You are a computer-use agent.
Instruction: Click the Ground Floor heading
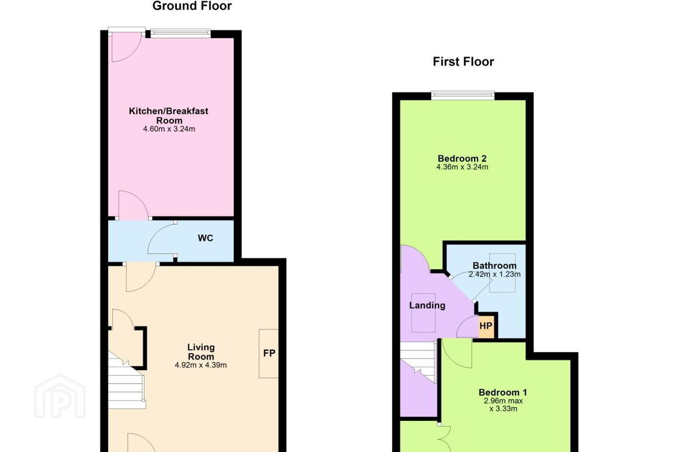(x=192, y=6)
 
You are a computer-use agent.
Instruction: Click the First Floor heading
(x=463, y=62)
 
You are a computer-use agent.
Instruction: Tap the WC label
(x=205, y=238)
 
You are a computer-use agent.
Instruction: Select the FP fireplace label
(x=269, y=353)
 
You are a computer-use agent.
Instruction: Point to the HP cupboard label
(x=486, y=326)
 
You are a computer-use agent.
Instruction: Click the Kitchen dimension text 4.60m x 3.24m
(x=169, y=129)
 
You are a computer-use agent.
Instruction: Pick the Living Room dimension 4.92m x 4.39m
(x=201, y=365)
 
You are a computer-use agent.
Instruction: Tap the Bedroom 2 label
(x=462, y=158)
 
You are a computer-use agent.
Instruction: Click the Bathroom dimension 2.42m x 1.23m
(x=494, y=274)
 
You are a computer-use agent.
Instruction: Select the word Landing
(x=427, y=305)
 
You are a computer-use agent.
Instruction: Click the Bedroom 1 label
(x=503, y=392)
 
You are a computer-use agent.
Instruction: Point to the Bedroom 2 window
(x=463, y=96)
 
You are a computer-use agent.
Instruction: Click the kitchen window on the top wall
(x=181, y=33)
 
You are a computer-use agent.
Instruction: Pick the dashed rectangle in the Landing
(x=423, y=313)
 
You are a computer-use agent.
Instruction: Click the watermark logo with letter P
(x=60, y=396)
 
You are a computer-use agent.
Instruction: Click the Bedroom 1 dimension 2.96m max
(x=503, y=401)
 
